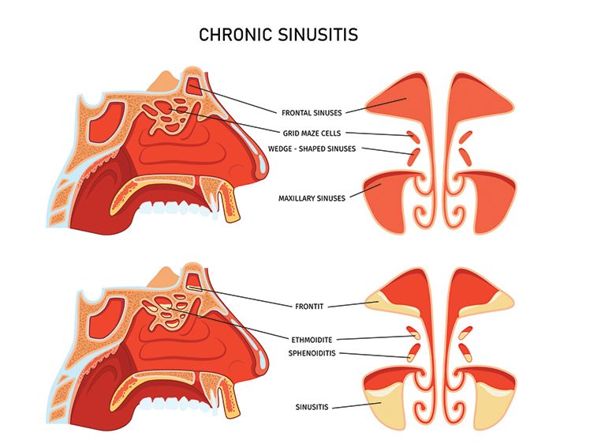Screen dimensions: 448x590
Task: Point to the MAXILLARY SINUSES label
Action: coord(312,198)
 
